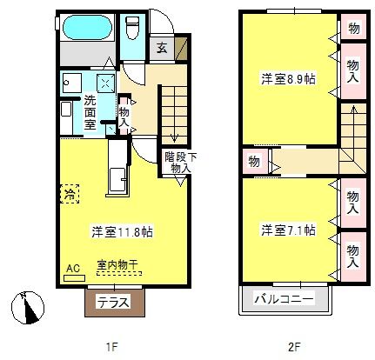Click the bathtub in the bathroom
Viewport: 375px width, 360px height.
tap(87, 27)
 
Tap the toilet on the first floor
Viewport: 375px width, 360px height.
tap(132, 27)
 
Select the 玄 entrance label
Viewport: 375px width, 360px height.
tap(162, 48)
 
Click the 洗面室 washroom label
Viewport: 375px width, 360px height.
tap(90, 112)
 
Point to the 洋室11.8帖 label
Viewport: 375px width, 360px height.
tap(122, 231)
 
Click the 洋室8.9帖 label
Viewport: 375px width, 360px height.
tap(288, 78)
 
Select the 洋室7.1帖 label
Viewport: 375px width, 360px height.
tap(288, 230)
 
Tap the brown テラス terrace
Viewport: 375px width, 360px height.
tap(115, 303)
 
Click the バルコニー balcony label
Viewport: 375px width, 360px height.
tap(284, 298)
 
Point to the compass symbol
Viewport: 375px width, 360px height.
tap(27, 307)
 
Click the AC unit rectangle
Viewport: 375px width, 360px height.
tap(74, 278)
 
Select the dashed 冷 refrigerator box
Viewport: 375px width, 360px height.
tap(70, 194)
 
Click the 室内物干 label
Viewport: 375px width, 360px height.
tap(117, 264)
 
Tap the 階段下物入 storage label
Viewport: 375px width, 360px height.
tap(180, 163)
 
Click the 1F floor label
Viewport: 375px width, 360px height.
tap(111, 346)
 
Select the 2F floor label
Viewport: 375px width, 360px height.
tap(294, 346)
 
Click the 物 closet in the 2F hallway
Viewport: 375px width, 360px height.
tap(254, 161)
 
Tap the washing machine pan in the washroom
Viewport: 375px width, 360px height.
tap(104, 83)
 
